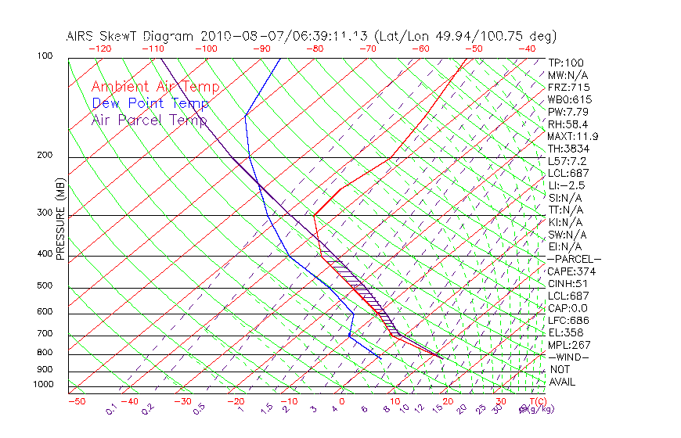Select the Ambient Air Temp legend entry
[155, 87]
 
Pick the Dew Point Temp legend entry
[150, 103]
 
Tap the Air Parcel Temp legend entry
[149, 120]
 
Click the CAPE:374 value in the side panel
[571, 271]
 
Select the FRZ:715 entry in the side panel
[569, 87]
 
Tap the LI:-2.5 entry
[566, 185]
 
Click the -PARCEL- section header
[574, 259]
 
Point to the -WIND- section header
[569, 357]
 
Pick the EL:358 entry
[566, 332]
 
